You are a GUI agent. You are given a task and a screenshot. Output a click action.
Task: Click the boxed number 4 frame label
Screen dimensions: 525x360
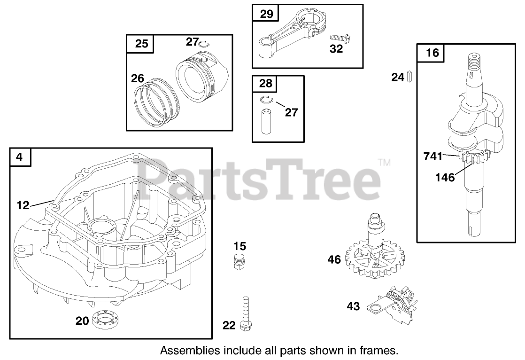click(x=20, y=157)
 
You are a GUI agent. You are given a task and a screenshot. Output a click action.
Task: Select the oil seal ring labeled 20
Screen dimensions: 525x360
click(x=106, y=321)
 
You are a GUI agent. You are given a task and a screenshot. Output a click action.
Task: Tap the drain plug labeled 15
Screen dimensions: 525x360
click(x=240, y=262)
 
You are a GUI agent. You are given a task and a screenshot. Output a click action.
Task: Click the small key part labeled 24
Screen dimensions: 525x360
click(x=409, y=76)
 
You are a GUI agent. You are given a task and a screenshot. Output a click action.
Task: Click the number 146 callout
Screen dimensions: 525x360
click(x=445, y=177)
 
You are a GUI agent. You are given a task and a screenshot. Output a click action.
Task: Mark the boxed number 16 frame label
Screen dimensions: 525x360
click(x=432, y=53)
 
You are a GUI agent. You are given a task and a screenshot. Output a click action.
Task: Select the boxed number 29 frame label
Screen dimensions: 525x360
click(x=266, y=14)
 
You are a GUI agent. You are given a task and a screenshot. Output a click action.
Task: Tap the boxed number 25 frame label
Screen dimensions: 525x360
click(x=141, y=44)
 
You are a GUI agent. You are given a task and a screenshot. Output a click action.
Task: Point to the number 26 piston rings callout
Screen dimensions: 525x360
click(x=138, y=78)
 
